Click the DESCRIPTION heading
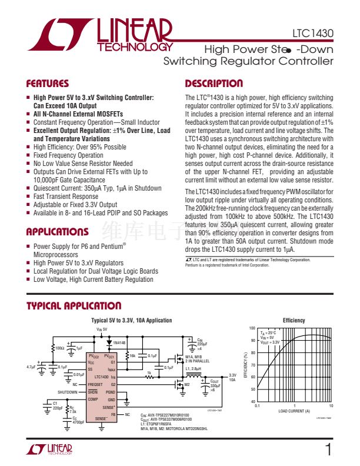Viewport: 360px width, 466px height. coord(214,84)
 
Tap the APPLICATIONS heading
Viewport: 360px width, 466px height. coord(58,232)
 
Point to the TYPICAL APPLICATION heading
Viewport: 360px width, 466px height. coord(74,306)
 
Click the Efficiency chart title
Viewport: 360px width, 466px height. coord(294,320)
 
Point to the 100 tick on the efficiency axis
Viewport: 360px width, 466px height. coord(252,328)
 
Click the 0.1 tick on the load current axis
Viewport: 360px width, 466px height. coord(257,407)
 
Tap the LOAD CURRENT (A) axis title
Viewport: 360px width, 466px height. coord(294,411)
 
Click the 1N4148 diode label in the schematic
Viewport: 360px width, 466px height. coord(119,342)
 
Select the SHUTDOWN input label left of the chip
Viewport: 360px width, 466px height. coord(68,392)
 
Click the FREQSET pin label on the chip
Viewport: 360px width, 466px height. coord(95,384)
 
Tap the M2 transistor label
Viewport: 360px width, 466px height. coord(188,385)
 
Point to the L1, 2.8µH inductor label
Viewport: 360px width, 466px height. coord(194,368)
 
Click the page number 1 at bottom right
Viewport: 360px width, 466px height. coord(328,451)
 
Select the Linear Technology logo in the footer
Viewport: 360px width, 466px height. coord(49,450)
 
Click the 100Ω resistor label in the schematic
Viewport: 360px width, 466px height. coord(59,347)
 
